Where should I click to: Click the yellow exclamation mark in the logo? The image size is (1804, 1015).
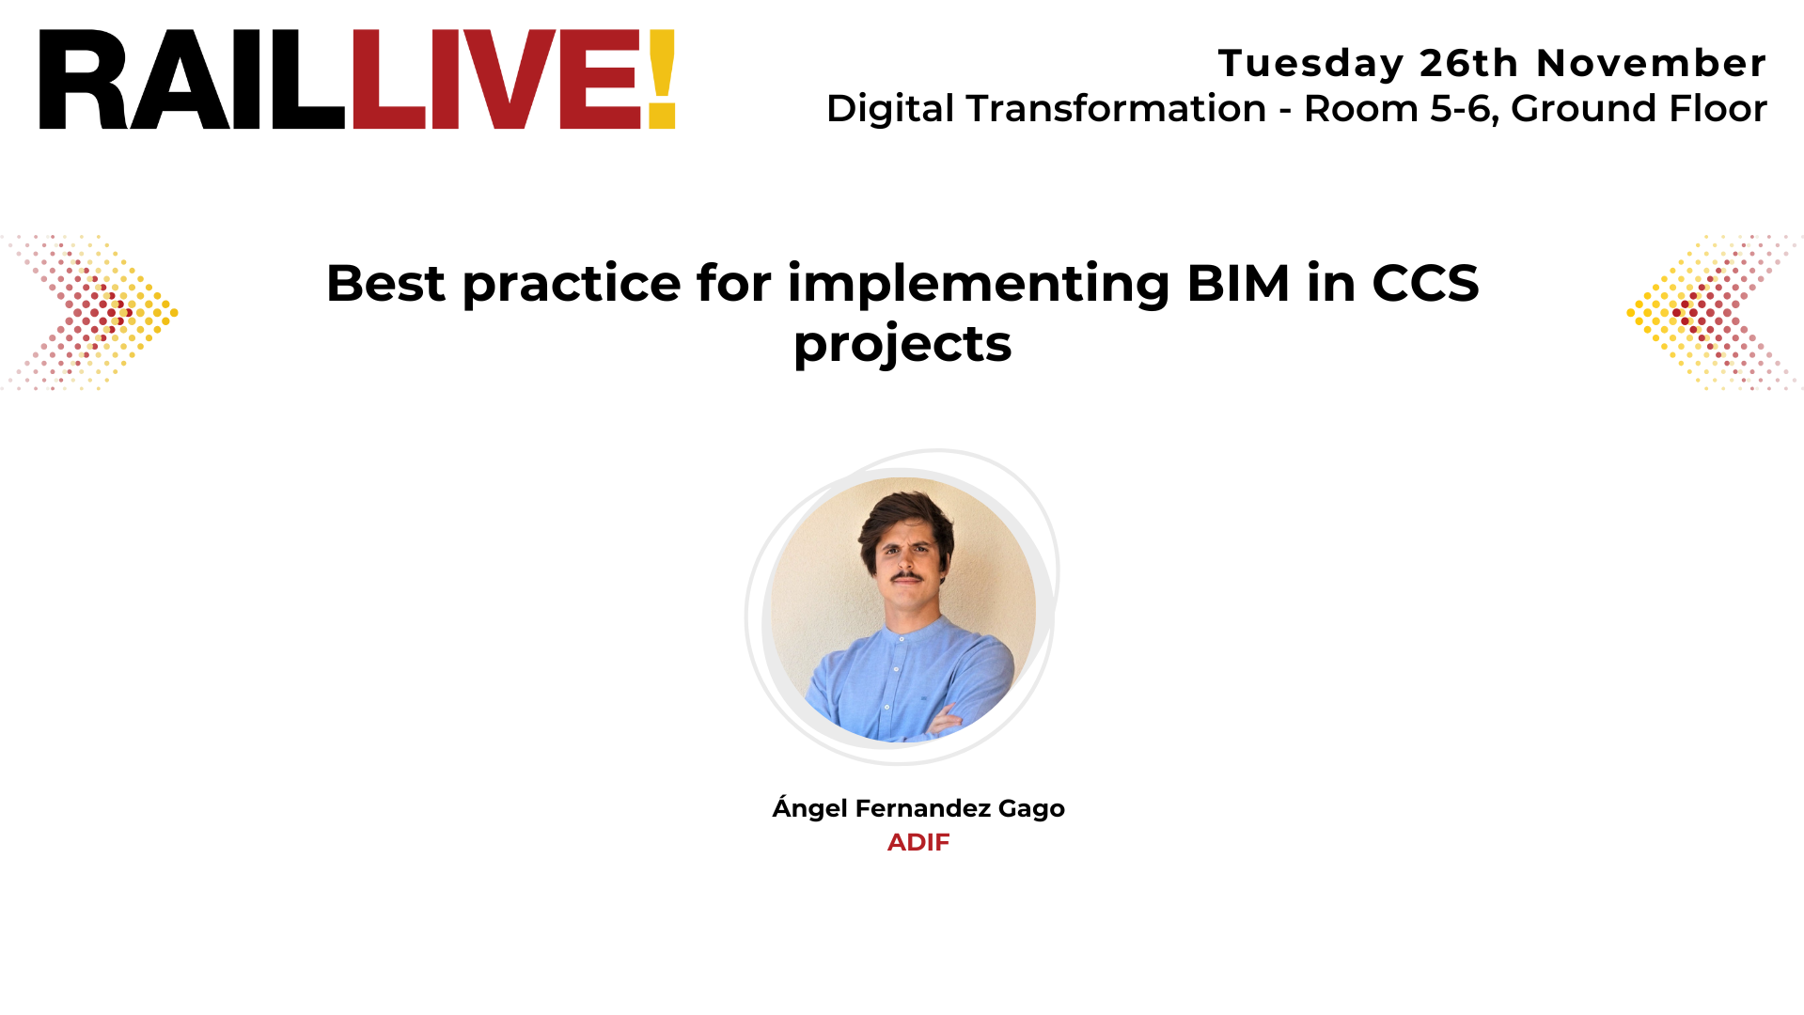coord(662,79)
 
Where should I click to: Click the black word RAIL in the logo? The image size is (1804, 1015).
coord(192,80)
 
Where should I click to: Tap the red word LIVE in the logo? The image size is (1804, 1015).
coord(496,80)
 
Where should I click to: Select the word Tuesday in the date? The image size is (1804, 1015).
coord(1310,64)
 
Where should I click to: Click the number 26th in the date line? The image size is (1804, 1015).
coord(1468,64)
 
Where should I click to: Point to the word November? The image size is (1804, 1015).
coord(1651,64)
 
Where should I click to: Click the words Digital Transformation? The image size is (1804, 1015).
coord(1045,109)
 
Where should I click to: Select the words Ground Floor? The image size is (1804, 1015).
coord(1639,109)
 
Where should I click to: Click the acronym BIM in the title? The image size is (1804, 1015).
coord(1238,283)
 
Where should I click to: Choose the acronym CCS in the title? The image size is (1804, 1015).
coord(1425,283)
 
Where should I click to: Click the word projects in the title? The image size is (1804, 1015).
coord(902,344)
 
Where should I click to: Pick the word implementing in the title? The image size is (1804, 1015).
coord(979,285)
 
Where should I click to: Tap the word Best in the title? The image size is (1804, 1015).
coord(385,283)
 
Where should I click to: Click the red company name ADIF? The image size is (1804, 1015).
coord(918,842)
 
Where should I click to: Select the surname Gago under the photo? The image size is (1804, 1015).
coord(1031,808)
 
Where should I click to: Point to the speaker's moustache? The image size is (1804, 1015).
coord(906,574)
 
